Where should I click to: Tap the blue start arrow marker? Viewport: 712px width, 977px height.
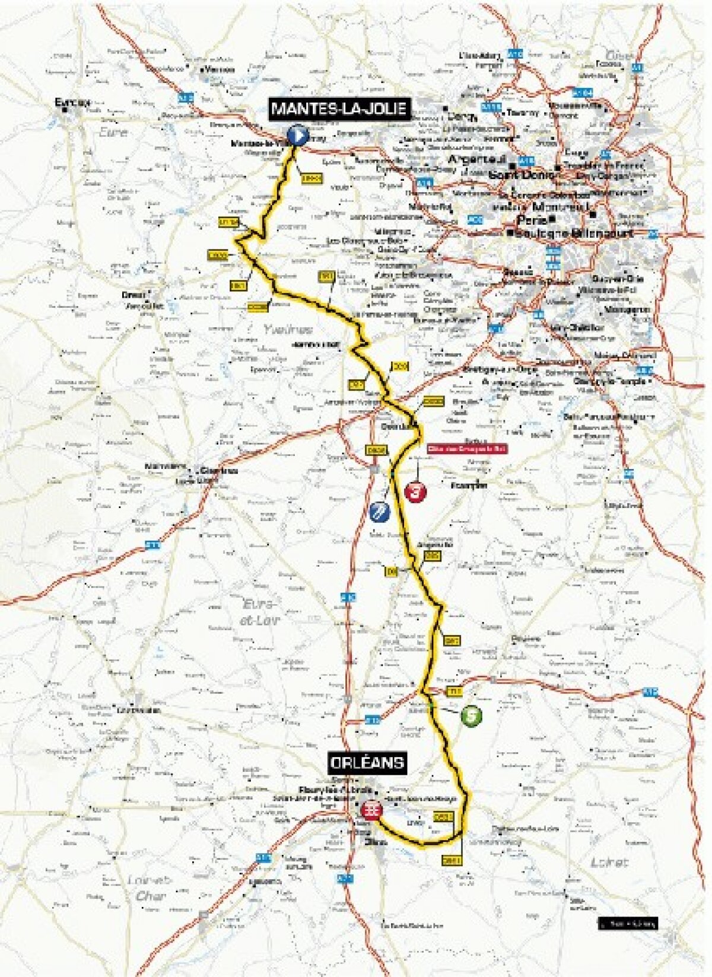(297, 136)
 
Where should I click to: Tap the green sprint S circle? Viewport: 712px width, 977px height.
(471, 716)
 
